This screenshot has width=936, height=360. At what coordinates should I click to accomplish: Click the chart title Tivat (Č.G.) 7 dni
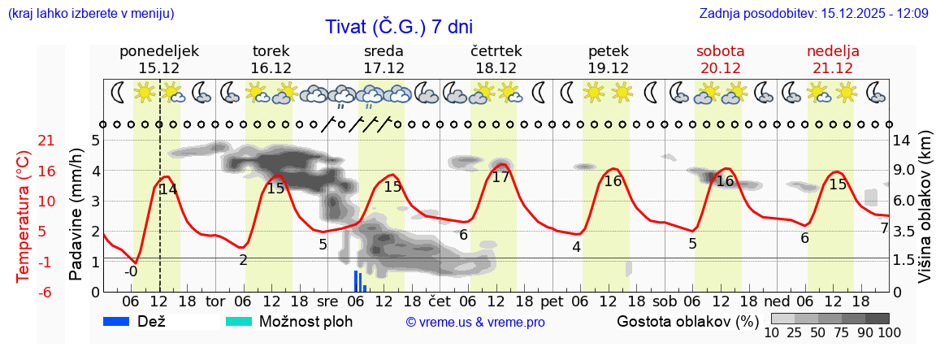click(x=398, y=26)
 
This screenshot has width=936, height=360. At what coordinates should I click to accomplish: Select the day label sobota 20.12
click(x=720, y=59)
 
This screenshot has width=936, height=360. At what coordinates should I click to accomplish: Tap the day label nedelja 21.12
click(x=833, y=59)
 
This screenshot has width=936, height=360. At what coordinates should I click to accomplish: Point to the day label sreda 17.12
click(x=383, y=59)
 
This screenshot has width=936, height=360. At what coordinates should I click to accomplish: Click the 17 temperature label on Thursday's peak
click(x=500, y=177)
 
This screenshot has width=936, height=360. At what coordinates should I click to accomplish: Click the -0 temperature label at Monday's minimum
click(x=131, y=271)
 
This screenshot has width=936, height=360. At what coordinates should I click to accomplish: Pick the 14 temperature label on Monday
click(x=167, y=189)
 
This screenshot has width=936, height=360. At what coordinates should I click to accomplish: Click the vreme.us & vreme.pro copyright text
click(x=475, y=323)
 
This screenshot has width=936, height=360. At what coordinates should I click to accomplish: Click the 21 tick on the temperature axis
click(x=24, y=141)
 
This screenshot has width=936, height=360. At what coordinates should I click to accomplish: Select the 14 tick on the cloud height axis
click(x=901, y=141)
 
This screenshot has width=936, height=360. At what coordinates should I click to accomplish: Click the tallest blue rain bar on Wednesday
click(x=355, y=280)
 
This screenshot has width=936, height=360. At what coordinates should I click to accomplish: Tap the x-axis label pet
click(x=552, y=301)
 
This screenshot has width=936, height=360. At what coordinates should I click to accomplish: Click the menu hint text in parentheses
click(x=90, y=13)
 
